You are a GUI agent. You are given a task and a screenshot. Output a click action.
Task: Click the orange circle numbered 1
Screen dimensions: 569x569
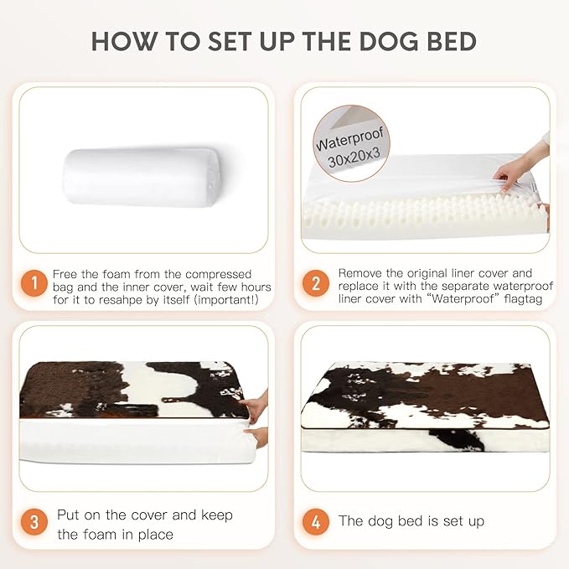[34, 283]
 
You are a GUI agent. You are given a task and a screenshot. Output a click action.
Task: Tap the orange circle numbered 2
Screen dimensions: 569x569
[315, 283]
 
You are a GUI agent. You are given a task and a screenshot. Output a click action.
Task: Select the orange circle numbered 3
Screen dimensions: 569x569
[34, 521]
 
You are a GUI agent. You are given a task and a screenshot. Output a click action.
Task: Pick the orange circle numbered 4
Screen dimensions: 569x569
[315, 521]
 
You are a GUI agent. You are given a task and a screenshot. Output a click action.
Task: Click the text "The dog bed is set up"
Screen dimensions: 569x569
[411, 521]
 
